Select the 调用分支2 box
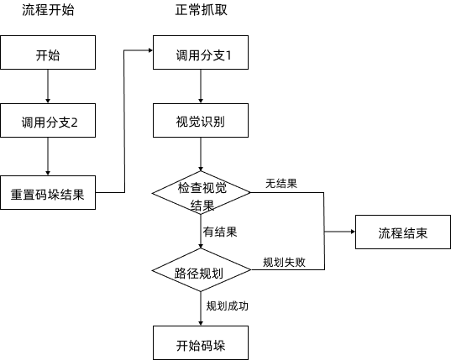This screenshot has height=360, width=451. point(49,123)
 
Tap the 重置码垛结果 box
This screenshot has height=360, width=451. point(49,192)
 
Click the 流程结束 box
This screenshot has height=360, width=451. point(402,232)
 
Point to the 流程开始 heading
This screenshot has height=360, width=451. point(49,13)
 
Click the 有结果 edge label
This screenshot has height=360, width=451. point(220,232)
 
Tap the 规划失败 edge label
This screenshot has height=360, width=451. point(284,262)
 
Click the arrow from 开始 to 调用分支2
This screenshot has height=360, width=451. point(49,88)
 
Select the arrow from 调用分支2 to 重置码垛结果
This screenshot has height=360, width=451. point(49,157)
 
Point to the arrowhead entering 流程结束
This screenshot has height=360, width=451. point(351,232)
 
